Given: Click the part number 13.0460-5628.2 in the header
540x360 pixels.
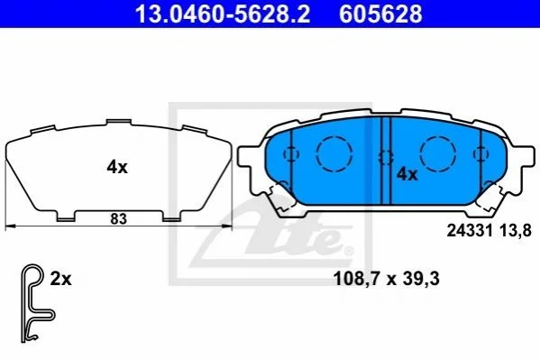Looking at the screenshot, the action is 222,14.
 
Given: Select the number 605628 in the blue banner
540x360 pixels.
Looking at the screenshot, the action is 380,14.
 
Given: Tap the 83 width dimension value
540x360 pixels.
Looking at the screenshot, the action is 118,218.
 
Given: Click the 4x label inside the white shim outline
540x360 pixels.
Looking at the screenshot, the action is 117,168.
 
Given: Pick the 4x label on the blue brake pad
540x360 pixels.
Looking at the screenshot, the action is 407,174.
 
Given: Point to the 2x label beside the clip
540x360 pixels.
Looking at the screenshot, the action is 60,279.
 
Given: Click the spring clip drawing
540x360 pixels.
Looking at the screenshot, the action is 37,303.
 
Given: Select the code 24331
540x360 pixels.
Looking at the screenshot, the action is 470,230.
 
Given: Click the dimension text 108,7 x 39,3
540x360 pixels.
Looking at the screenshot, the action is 387,279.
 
